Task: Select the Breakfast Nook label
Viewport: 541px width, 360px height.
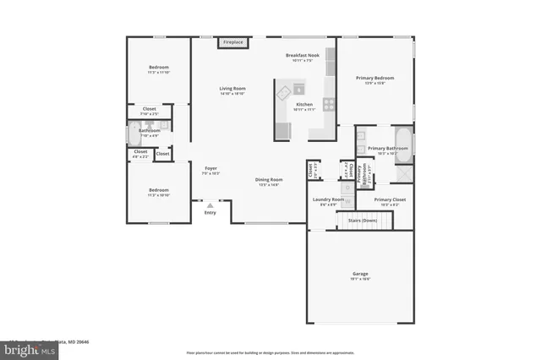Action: click(302, 55)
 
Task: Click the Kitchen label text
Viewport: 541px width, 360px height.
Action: click(303, 105)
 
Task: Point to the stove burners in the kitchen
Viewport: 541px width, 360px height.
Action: click(328, 106)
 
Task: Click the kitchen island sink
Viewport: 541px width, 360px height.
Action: click(298, 88)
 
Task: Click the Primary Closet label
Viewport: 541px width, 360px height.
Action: click(390, 199)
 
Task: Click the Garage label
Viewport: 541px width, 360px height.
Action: click(360, 274)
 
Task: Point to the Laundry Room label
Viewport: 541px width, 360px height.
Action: click(327, 200)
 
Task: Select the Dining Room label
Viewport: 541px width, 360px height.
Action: click(269, 180)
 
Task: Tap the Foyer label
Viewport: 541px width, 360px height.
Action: click(210, 169)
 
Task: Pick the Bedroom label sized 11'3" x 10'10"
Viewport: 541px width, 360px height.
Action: click(159, 190)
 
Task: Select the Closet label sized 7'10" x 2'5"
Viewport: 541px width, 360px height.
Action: click(149, 109)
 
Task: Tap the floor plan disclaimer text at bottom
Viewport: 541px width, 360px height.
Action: click(270, 352)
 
